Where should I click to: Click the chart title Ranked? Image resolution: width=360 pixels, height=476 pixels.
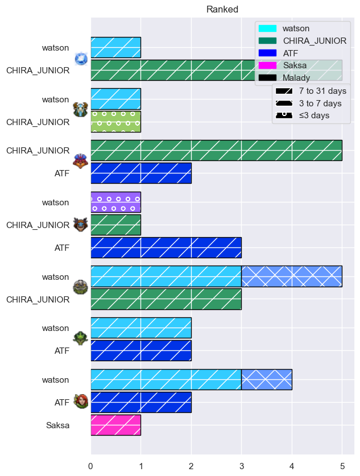pyautogui.click(x=222, y=10)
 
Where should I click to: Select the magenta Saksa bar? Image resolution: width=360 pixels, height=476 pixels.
pyautogui.click(x=116, y=425)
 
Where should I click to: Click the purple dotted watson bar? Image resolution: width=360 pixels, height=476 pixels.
pyautogui.click(x=116, y=202)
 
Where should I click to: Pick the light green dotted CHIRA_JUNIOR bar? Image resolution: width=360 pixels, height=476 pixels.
pyautogui.click(x=116, y=122)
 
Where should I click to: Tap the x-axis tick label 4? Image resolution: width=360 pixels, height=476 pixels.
pyautogui.click(x=292, y=466)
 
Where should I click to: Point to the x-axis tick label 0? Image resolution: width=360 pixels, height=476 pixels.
pyautogui.click(x=91, y=466)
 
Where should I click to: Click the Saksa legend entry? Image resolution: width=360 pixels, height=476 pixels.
pyautogui.click(x=282, y=65)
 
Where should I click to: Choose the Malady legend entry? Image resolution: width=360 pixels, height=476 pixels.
pyautogui.click(x=284, y=78)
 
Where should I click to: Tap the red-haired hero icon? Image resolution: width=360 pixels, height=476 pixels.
pyautogui.click(x=81, y=402)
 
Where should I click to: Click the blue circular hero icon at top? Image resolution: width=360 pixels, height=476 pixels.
pyautogui.click(x=81, y=59)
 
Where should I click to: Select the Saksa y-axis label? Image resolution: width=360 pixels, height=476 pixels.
pyautogui.click(x=57, y=425)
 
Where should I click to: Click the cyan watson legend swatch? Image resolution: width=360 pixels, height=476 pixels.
pyautogui.click(x=267, y=28)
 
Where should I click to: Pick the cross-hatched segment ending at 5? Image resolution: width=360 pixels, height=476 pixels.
pyautogui.click(x=292, y=276)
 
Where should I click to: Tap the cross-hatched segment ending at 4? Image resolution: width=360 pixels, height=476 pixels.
pyautogui.click(x=267, y=379)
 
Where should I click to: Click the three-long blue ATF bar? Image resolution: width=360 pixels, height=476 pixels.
pyautogui.click(x=166, y=248)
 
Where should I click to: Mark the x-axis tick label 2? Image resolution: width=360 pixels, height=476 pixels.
pyautogui.click(x=191, y=466)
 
